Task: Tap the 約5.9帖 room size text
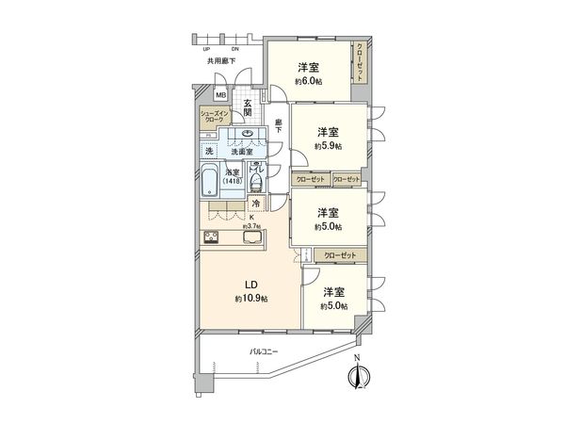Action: click(328, 146)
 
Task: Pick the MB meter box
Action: click(221, 95)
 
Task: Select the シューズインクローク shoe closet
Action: click(211, 118)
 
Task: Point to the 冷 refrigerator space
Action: click(255, 204)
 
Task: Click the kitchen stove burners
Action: click(212, 237)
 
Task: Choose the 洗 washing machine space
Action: click(209, 151)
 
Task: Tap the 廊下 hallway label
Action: click(280, 123)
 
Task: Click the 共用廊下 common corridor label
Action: click(220, 61)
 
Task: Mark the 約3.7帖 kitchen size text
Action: click(250, 225)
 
